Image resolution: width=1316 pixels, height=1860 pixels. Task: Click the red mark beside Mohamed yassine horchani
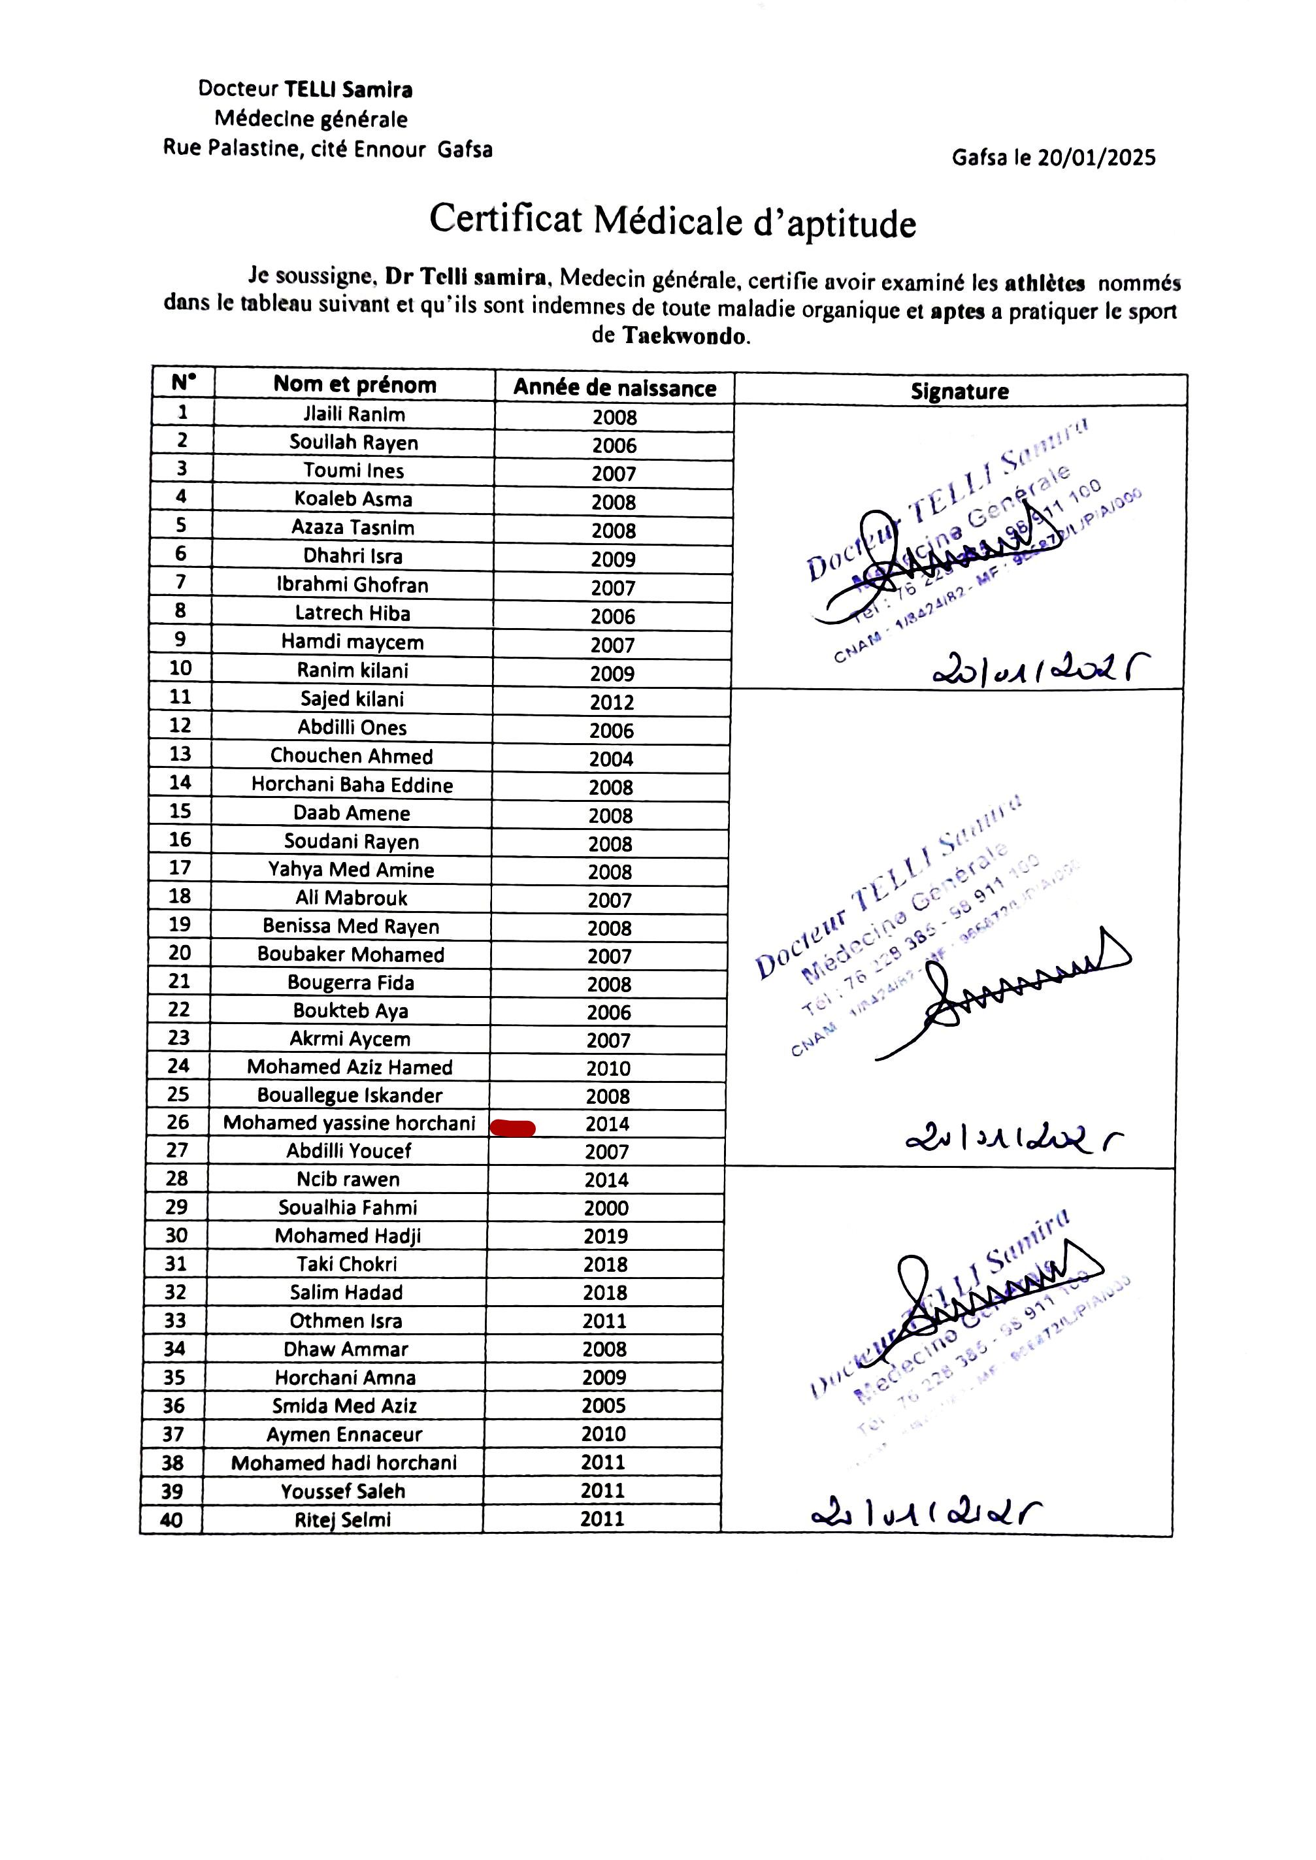coord(512,1127)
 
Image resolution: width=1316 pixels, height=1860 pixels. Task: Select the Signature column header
coord(959,391)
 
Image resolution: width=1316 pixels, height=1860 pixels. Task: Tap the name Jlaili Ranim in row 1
coord(354,414)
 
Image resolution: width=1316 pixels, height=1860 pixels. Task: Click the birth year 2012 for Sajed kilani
coord(612,702)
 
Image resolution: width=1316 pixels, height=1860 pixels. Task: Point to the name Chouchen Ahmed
coord(352,756)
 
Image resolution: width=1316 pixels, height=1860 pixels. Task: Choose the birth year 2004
coord(611,759)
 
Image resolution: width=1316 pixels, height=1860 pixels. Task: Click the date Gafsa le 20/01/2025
coord(1053,158)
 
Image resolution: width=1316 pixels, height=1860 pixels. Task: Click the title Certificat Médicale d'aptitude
coord(672,220)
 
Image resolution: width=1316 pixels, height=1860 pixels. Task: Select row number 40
coord(171,1520)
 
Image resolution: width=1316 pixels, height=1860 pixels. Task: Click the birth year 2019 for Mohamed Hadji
coord(605,1236)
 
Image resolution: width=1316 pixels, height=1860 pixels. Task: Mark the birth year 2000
coord(606,1208)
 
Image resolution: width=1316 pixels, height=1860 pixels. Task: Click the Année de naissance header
coord(614,388)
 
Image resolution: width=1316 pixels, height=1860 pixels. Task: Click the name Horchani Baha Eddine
coord(352,784)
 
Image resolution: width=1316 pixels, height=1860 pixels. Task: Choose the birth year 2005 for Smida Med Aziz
coord(604,1405)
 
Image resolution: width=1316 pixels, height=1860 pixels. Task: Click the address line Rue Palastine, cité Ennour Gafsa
coord(327,149)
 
